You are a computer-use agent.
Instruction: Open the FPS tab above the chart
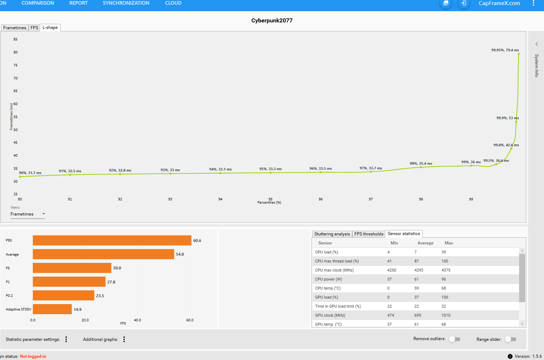pos(34,28)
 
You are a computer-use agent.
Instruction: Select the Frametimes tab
pos(15,28)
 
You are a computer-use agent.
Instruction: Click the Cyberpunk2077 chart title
pos(272,21)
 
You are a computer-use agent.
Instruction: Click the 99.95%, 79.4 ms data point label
pos(505,50)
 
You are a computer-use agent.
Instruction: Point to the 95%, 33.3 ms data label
pos(270,169)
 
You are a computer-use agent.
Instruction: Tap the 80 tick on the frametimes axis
pos(16,52)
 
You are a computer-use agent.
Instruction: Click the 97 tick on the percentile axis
pos(371,199)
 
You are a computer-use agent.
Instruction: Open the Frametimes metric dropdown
pos(28,214)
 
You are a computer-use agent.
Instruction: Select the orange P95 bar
pos(112,240)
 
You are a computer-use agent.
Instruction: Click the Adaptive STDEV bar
pos(52,309)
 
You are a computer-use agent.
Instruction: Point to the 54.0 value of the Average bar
pos(180,255)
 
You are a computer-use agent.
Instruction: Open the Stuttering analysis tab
pos(332,234)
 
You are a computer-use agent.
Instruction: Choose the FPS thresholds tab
pos(369,234)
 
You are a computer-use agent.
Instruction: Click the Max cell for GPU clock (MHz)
pos(446,315)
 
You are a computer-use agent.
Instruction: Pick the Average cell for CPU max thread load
pos(417,261)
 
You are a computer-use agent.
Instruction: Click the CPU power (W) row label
pos(328,279)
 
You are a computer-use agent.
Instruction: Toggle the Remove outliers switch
pos(454,339)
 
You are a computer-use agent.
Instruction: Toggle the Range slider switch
pos(510,339)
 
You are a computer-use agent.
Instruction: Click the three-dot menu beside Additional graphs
pos(124,339)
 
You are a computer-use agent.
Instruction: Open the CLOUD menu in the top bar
pos(173,3)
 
